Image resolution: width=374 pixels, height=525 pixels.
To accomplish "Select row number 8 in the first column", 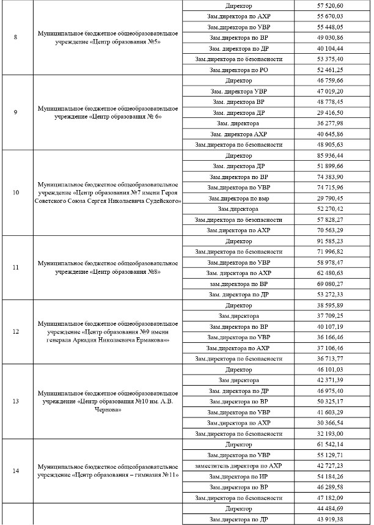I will pos(15,37).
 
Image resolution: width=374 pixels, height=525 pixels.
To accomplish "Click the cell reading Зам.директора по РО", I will pos(238,70).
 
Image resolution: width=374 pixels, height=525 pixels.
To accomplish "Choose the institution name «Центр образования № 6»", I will pos(108,112).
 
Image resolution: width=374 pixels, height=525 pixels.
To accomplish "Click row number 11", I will pos(15,268).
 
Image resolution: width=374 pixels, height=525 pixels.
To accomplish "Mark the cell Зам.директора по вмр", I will pos(238,198).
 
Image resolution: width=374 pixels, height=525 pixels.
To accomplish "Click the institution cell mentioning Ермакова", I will pos(108,332).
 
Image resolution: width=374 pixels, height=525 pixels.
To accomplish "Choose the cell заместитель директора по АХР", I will pos(238,466).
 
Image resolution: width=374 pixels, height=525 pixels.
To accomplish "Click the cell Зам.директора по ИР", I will pos(238,476).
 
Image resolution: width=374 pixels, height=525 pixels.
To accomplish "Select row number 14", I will pos(15,471).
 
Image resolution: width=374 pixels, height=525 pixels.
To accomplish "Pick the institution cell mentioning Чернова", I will pos(108,401).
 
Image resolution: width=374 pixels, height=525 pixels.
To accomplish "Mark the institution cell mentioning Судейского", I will pos(108,193).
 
